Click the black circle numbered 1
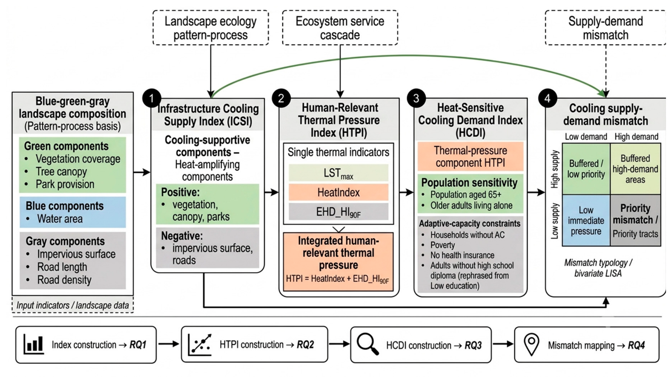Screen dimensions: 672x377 click(152, 98)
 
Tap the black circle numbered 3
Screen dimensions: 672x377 click(416, 98)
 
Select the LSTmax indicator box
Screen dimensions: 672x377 click(338, 173)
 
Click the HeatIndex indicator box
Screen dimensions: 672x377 click(338, 192)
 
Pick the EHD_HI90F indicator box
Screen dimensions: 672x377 click(338, 212)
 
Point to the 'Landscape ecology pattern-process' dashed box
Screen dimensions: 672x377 click(210, 28)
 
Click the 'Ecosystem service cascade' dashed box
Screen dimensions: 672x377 click(340, 28)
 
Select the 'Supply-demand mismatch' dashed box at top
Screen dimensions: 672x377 click(605, 28)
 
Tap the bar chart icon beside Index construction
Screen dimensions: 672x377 click(34, 344)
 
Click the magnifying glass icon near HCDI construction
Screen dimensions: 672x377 click(368, 344)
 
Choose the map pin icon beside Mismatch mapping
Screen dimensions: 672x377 click(531, 344)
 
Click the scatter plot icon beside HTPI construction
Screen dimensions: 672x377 click(199, 344)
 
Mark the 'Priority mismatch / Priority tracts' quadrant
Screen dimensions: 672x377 click(635, 220)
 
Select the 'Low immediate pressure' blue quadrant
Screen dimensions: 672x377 click(586, 220)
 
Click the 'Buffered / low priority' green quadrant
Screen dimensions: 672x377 click(586, 169)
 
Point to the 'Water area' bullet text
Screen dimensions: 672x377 click(60, 219)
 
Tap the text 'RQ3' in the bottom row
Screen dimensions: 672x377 click(473, 345)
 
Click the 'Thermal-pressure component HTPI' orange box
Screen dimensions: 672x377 click(470, 156)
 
